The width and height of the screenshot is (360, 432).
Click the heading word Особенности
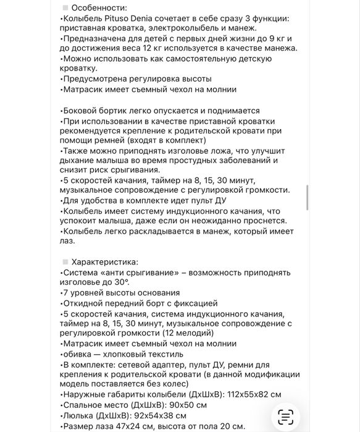click(x=99, y=8)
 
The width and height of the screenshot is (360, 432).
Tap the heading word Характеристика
click(x=105, y=262)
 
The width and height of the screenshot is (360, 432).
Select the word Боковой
click(x=81, y=110)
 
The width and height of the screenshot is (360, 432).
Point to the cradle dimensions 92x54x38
click(x=154, y=415)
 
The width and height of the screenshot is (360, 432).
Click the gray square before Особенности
click(x=65, y=7)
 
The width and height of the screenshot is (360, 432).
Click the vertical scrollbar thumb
click(x=307, y=198)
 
